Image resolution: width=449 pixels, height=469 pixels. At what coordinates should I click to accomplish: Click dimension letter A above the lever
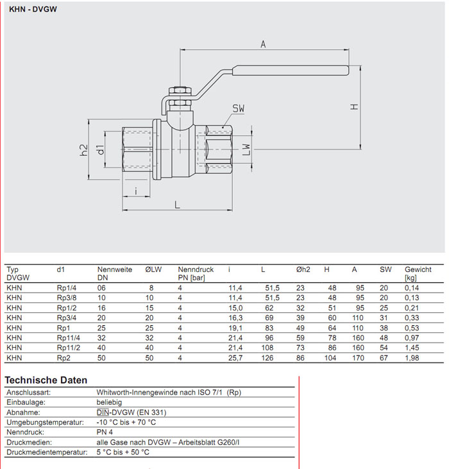coord(263,44)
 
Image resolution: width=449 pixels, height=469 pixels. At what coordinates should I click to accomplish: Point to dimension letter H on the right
coord(353,107)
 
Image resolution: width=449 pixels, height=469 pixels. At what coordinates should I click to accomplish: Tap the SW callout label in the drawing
coord(239,108)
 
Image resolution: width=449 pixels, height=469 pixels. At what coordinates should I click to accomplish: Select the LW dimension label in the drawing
coord(246,148)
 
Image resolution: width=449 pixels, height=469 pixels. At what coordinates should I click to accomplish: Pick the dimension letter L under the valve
coord(177,204)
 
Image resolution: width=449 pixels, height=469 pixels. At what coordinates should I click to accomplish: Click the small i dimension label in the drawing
coord(136,191)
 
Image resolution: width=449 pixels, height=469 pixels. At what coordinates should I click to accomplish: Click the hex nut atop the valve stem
coord(179,92)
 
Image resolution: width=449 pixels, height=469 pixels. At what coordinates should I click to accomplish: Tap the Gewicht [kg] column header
coord(418,274)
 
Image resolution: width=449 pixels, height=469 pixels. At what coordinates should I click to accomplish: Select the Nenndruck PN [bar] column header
coord(196,274)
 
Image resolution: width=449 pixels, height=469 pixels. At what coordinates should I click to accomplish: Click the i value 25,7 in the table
coord(235,357)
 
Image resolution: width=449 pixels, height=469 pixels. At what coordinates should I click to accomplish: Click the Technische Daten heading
coord(46,380)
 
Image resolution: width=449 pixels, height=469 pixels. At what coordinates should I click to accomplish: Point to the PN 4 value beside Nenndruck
coord(106,432)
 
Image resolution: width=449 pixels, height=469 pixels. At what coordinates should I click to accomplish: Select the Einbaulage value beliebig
coord(111,402)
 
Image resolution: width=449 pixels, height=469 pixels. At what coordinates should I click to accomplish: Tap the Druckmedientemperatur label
coord(46,452)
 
